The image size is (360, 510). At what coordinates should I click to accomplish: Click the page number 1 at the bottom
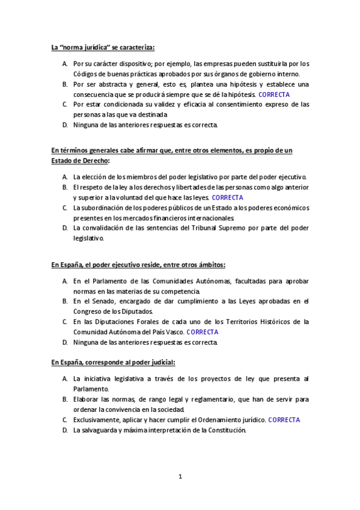coord(180,477)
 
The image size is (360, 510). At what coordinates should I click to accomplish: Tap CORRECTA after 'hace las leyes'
coord(228,197)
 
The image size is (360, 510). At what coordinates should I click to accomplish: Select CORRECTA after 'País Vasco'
coord(203,331)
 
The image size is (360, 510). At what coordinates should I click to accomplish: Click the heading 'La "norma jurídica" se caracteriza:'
coord(103,47)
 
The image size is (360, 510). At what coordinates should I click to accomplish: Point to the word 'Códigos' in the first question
coord(85,74)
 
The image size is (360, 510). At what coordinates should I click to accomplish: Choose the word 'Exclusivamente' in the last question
coord(97,420)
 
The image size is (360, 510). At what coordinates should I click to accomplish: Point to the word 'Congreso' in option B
coord(87,311)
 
